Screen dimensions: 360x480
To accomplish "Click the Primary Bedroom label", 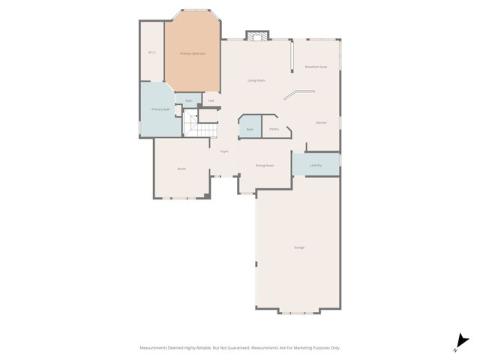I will click(x=193, y=54).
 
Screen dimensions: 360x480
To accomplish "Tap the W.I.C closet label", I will click(x=151, y=52).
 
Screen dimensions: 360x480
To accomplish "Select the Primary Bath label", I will click(x=161, y=109).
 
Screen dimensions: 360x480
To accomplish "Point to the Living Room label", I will click(x=256, y=80).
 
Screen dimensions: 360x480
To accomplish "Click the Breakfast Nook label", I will click(x=316, y=67).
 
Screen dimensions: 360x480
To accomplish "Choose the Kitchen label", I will click(x=321, y=122).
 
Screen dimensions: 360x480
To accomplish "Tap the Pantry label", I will click(x=274, y=129).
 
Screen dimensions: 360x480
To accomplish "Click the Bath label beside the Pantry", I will click(x=250, y=129).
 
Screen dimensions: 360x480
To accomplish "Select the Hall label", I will click(x=211, y=100).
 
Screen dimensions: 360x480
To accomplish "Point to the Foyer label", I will click(x=223, y=151).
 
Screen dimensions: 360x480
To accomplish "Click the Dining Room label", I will click(x=264, y=165).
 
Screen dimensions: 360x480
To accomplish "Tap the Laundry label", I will click(x=315, y=165).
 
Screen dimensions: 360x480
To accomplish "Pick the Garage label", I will click(x=298, y=247).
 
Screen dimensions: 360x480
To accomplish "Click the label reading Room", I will click(x=181, y=169).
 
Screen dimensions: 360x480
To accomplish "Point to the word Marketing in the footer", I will click(x=301, y=348).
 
